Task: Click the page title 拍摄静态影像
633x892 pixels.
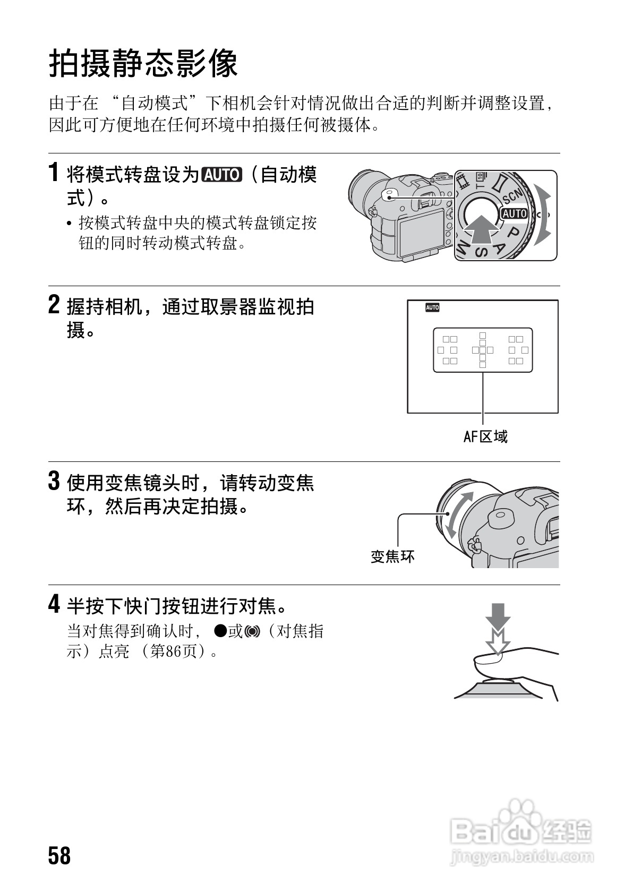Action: [143, 64]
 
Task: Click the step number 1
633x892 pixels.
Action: [54, 173]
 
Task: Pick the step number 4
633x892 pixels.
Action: [54, 605]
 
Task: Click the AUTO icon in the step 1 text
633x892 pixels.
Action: [221, 175]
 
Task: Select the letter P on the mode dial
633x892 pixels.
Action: [513, 233]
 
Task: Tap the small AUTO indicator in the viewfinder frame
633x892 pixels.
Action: [432, 307]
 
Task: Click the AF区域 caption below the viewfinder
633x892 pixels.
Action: [485, 437]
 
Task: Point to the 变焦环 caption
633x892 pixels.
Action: [392, 556]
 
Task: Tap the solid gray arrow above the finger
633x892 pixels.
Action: [498, 617]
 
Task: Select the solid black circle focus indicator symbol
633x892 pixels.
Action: [220, 631]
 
